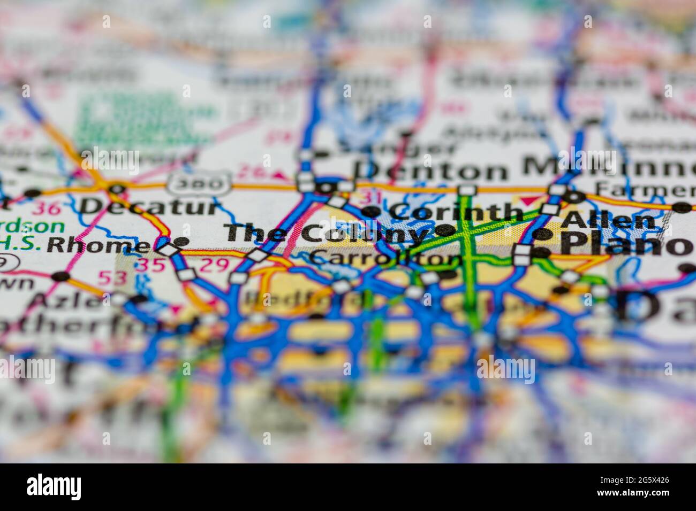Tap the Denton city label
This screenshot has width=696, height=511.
tap(432, 171)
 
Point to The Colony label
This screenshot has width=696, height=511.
tap(327, 233)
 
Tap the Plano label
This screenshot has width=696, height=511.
tap(626, 245)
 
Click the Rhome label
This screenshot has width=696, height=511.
tap(97, 245)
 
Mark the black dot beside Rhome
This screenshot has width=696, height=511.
tap(182, 241)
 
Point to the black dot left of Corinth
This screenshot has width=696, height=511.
tap(370, 212)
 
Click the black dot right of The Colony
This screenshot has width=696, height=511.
tap(444, 231)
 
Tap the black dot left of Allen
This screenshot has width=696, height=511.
tap(542, 234)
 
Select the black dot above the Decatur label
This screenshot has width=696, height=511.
tap(117, 188)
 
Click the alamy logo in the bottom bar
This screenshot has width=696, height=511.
tap(54, 487)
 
